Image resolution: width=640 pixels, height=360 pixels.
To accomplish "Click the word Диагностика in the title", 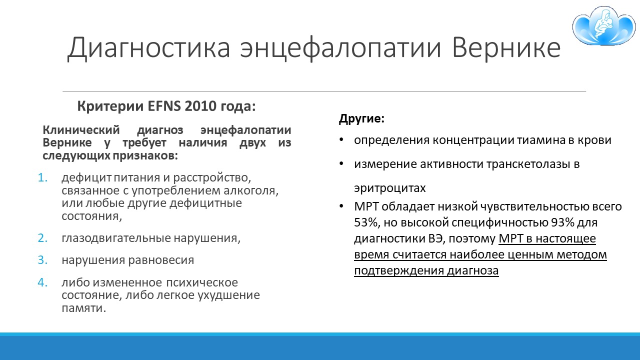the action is tap(148, 47).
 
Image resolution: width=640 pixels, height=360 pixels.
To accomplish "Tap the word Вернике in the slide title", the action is tap(506, 47).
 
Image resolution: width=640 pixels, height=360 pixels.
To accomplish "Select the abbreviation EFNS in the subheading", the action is tap(164, 106).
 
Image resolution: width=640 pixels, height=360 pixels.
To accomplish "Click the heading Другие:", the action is tap(361, 118).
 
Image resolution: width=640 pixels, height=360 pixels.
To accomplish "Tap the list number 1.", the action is tap(42, 177).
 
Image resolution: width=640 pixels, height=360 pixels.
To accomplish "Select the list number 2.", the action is tap(42, 238).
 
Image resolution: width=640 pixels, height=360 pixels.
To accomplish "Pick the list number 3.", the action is tap(42, 260).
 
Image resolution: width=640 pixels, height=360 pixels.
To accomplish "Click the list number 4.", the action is tap(42, 282).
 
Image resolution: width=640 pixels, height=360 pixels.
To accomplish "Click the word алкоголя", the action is tap(251, 190).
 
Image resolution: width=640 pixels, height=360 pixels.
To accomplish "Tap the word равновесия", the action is tap(161, 260).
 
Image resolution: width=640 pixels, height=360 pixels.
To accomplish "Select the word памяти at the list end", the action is tap(83, 308).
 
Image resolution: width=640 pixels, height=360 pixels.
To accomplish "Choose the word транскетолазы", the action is tap(525, 164).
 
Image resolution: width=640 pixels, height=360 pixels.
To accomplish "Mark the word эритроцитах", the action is tap(389, 188).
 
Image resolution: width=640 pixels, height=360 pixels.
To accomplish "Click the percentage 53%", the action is tap(366, 222).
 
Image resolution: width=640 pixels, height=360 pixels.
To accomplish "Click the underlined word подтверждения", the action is tap(398, 270).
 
